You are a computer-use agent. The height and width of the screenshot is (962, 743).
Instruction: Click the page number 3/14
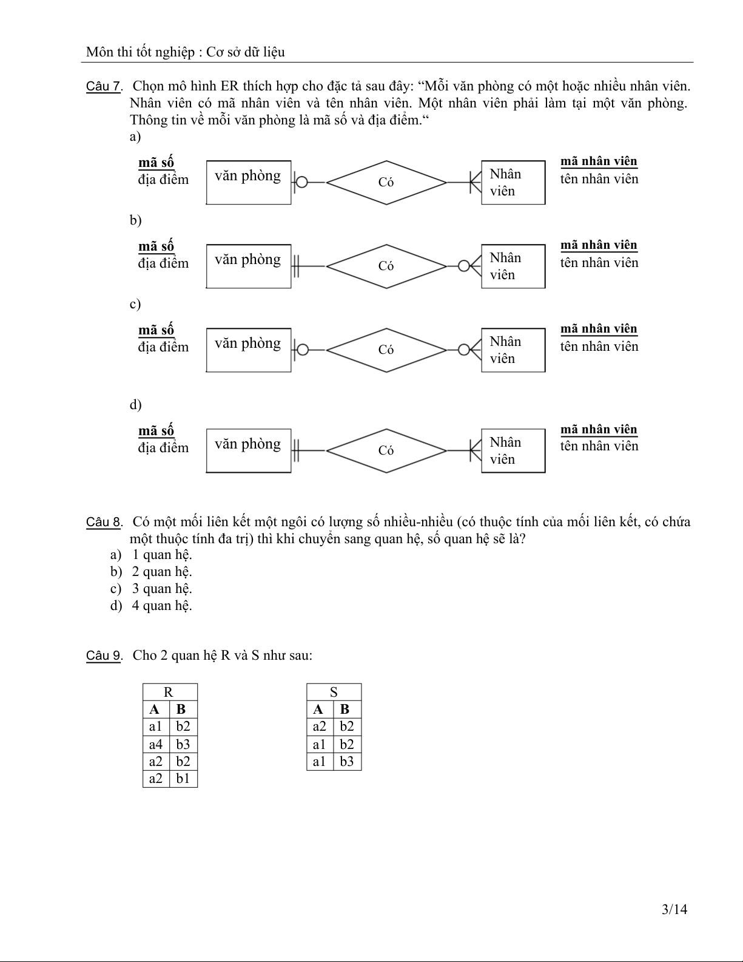674,909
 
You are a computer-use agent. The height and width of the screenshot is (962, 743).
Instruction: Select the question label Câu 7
103,86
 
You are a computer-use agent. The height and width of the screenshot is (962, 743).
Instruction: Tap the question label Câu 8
103,522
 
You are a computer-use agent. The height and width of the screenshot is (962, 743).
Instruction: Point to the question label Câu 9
103,655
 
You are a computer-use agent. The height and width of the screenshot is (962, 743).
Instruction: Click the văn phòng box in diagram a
249,182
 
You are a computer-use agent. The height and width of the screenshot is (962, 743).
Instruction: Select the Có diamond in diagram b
386,266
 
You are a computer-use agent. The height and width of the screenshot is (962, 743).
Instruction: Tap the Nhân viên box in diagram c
513,350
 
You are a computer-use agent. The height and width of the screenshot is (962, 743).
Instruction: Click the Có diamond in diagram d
386,450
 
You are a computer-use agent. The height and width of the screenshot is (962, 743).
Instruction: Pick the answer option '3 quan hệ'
161,589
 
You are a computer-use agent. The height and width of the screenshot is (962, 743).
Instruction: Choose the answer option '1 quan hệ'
161,555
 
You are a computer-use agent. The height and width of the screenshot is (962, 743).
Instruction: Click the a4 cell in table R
156,744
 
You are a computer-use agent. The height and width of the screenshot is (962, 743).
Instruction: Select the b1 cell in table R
183,779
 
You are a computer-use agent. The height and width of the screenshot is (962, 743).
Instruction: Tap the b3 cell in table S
347,762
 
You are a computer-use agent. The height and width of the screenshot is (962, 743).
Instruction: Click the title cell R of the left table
169,693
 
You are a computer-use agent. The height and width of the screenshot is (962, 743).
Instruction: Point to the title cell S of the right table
334,693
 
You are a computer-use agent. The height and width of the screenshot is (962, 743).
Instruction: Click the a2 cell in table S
320,727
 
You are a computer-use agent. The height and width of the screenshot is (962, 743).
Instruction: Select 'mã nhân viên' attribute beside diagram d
599,430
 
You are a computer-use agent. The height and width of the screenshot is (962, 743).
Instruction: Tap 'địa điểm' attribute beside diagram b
163,263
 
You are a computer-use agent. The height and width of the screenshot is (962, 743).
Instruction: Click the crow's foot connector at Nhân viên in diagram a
475,182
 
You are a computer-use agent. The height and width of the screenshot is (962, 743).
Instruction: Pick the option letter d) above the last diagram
135,405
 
